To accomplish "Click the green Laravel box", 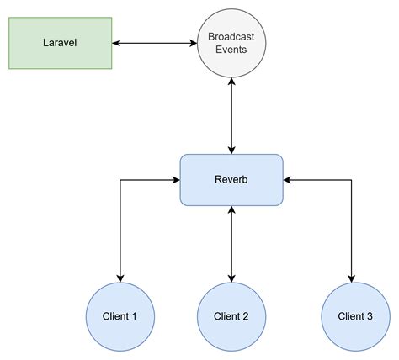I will click(x=60, y=42).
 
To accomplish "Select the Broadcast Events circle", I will click(x=231, y=42).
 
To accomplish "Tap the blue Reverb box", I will click(x=231, y=179).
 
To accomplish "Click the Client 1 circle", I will click(x=120, y=316).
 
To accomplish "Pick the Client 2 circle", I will click(x=231, y=316).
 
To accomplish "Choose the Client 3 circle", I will click(x=355, y=316).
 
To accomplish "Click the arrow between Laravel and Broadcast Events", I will click(x=155, y=42).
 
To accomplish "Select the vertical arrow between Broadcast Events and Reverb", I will click(x=231, y=114).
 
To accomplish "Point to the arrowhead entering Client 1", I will click(x=120, y=278).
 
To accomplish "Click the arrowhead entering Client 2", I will click(x=231, y=278).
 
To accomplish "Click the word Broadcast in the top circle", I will click(x=231, y=36).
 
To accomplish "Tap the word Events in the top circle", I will click(x=231, y=50).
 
